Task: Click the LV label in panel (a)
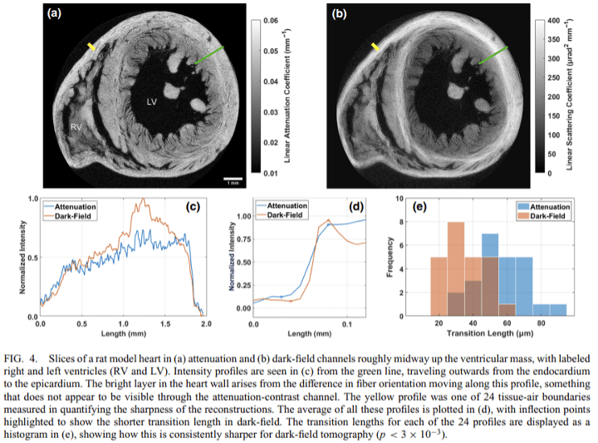point(152,101)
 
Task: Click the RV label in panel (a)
point(76,127)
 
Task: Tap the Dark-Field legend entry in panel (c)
point(72,214)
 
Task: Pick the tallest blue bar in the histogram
point(490,274)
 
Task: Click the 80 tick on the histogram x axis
point(542,322)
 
